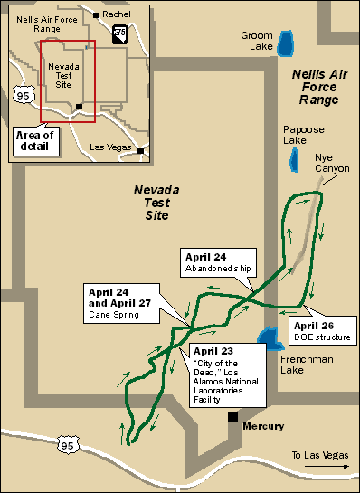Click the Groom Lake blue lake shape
tap(287, 43)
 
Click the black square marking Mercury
tap(232, 417)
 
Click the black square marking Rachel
tap(96, 14)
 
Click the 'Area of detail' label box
tap(34, 140)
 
